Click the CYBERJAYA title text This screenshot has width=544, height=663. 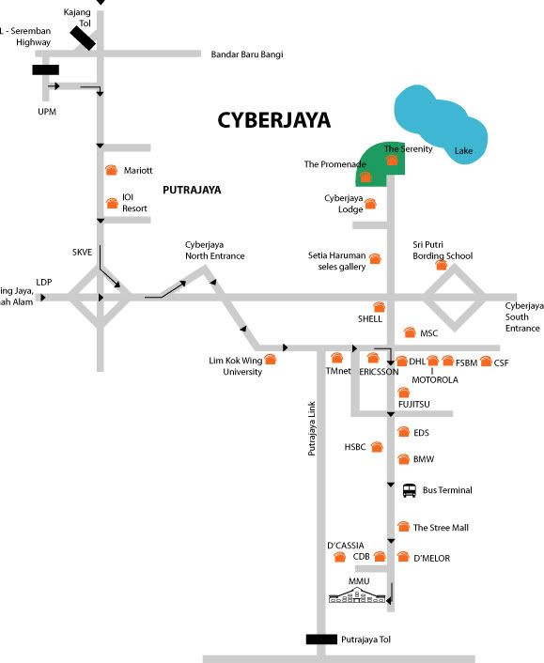(273, 120)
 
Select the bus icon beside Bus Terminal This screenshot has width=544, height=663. (409, 490)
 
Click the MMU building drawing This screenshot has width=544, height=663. (357, 594)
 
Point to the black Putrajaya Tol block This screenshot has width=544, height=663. (321, 639)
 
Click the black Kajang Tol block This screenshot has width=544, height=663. (83, 39)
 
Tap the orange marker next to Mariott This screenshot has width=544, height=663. (111, 170)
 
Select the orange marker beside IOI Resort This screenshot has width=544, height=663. (112, 203)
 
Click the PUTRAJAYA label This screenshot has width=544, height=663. (192, 190)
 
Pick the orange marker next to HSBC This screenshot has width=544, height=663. (377, 447)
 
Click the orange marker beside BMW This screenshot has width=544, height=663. (404, 459)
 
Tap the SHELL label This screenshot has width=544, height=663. (370, 318)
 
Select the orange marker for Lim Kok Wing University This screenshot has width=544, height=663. (270, 360)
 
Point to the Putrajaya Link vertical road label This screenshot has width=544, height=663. (312, 428)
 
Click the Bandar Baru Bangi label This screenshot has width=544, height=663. (247, 54)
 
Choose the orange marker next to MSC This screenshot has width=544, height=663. (410, 332)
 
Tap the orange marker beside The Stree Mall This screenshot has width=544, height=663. (404, 527)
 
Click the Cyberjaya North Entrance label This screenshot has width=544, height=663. (214, 251)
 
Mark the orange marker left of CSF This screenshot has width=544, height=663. (486, 362)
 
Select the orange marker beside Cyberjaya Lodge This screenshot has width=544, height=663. (370, 204)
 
